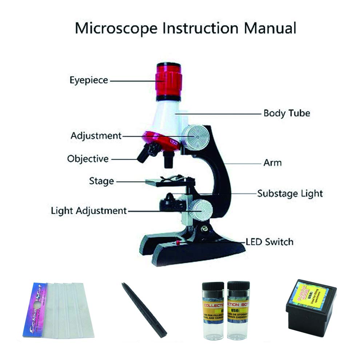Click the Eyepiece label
click(89, 80)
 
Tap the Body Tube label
click(287, 113)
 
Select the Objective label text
click(88, 159)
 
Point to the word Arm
click(272, 163)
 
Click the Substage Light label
click(290, 193)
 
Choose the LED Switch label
click(269, 241)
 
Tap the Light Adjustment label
click(88, 210)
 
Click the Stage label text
click(101, 181)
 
